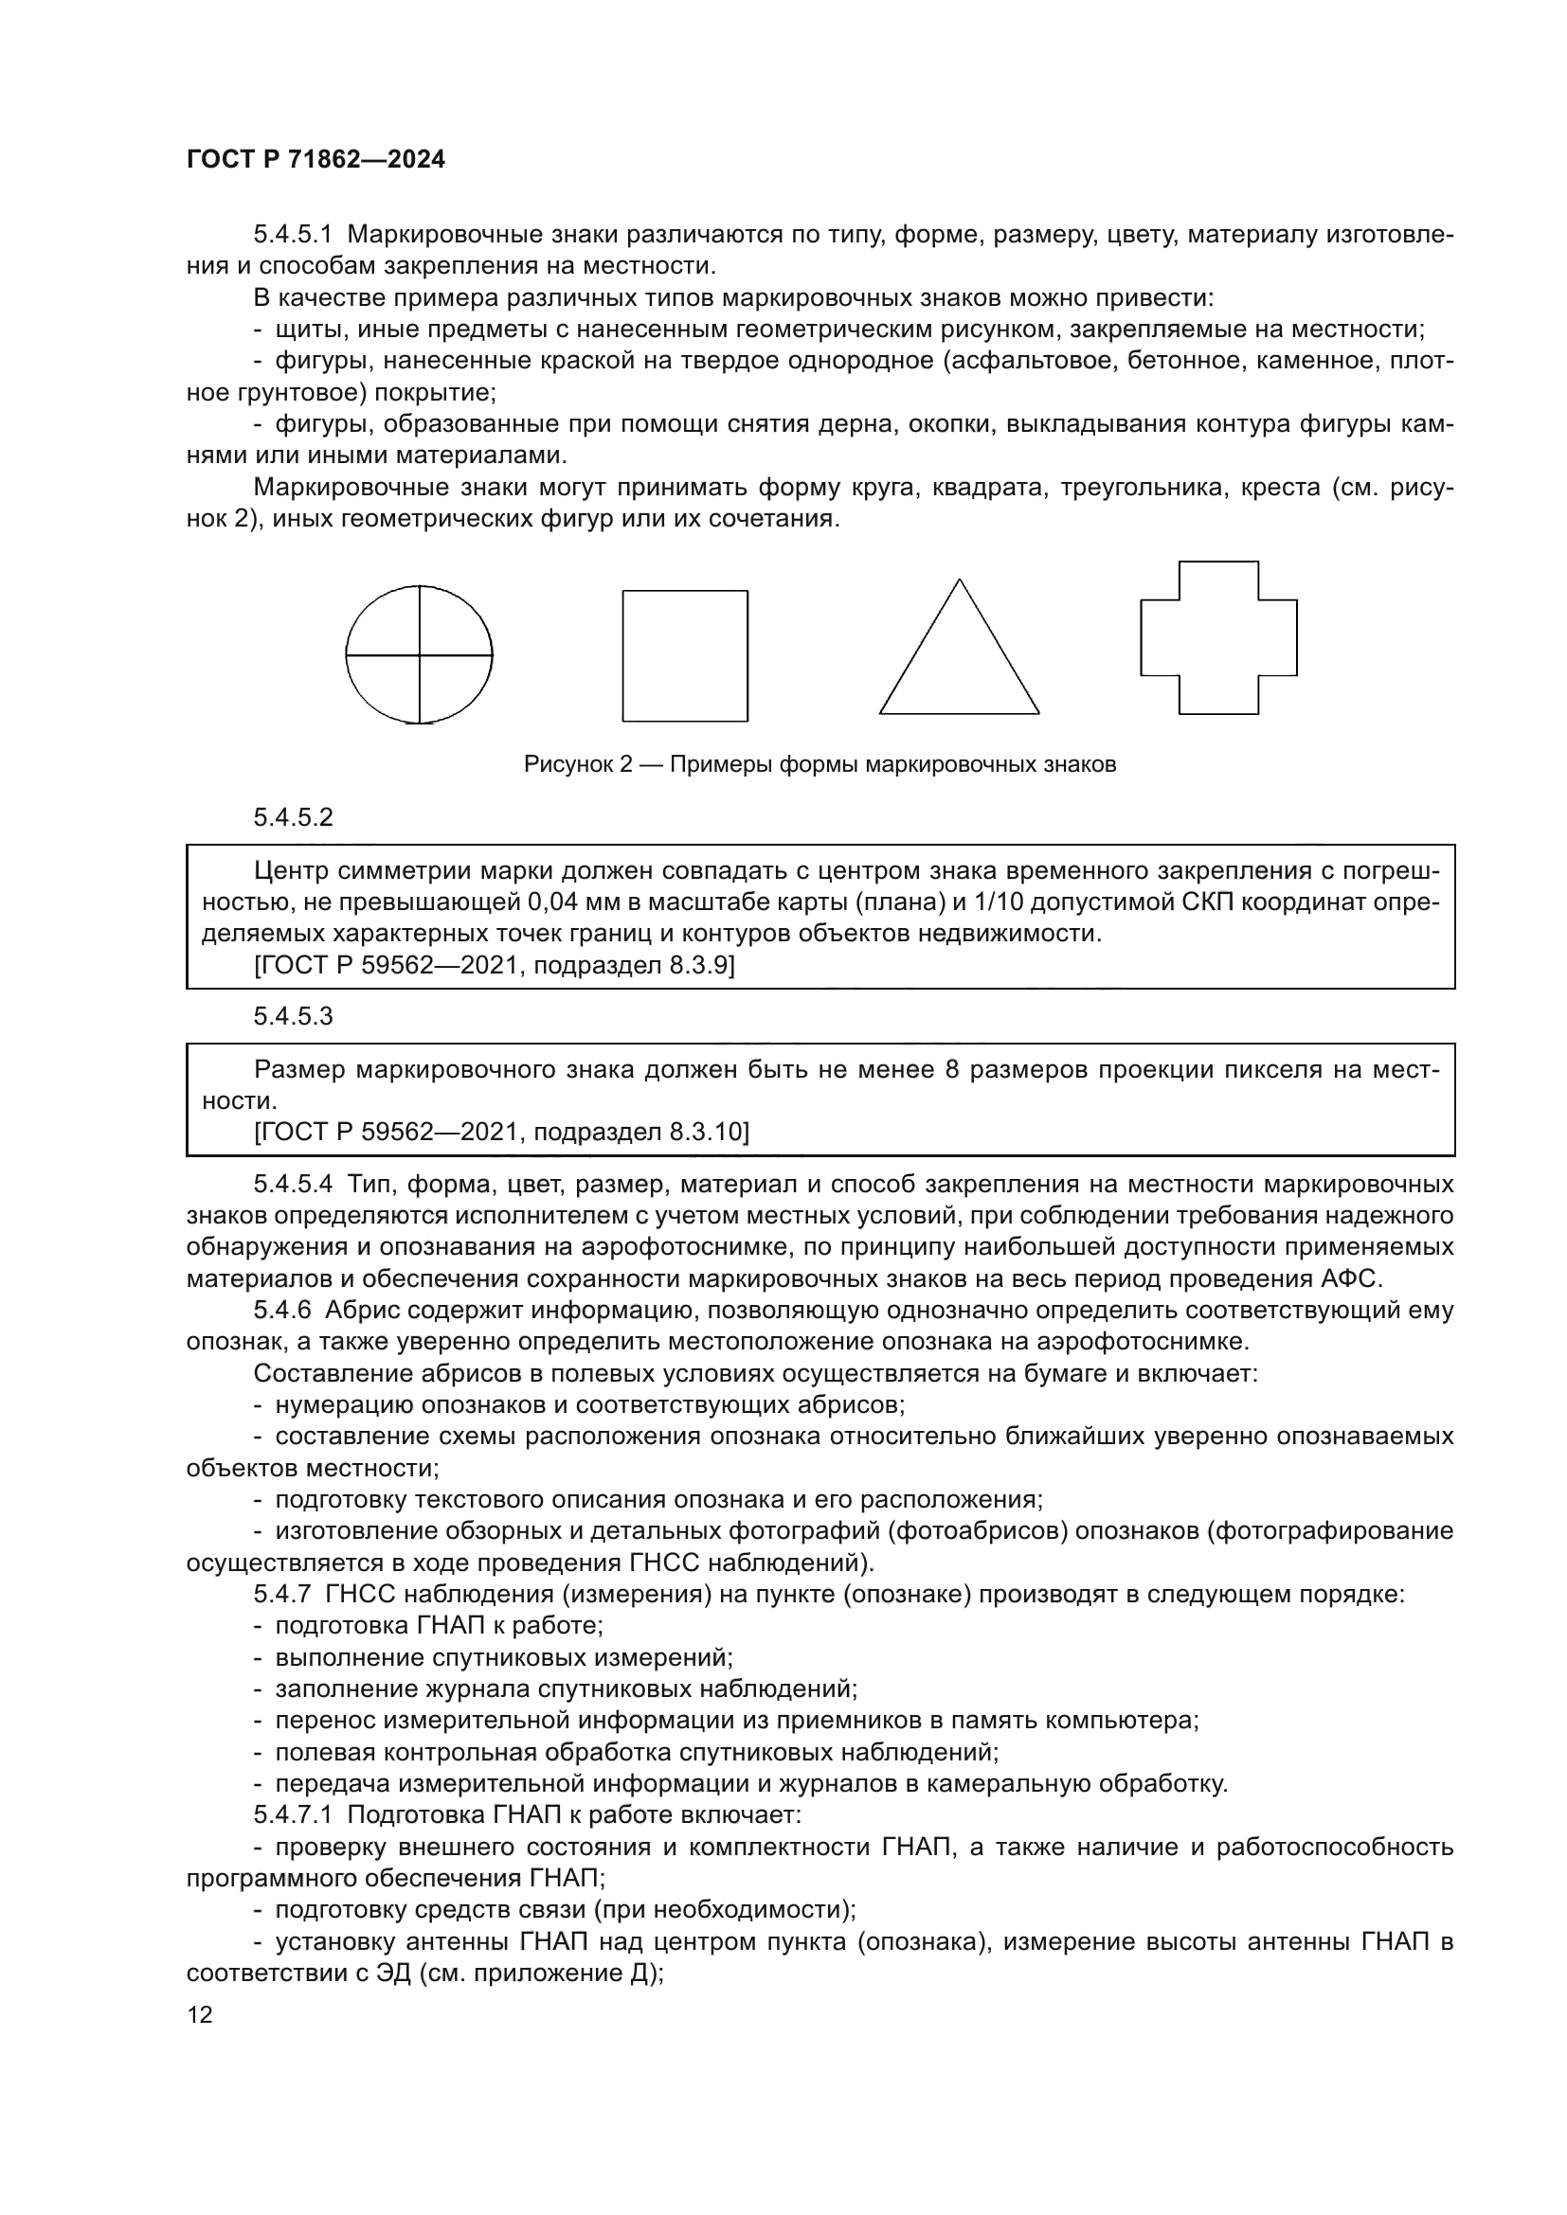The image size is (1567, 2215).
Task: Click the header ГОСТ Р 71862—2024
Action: click(x=315, y=160)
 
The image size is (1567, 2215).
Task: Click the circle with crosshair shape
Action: click(x=419, y=655)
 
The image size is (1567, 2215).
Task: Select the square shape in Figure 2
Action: click(x=684, y=656)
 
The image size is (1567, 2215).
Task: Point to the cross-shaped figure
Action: click(x=1217, y=638)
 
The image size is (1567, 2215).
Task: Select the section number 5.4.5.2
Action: click(x=294, y=818)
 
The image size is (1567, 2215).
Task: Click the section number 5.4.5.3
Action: click(x=294, y=1017)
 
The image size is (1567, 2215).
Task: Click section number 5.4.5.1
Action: click(x=294, y=235)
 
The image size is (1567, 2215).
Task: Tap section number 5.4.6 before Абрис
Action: click(x=282, y=1311)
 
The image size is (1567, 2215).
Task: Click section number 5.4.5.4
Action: click(x=294, y=1185)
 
